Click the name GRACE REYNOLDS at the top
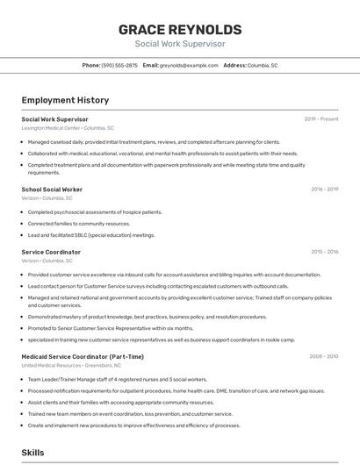click(x=180, y=29)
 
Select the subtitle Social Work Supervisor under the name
click(x=180, y=44)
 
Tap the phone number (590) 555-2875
click(x=119, y=65)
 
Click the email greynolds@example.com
click(x=189, y=65)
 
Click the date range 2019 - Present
click(x=321, y=118)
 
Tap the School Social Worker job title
click(x=52, y=189)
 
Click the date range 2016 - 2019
click(x=324, y=189)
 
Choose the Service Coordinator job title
click(x=51, y=252)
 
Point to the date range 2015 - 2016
click(x=324, y=252)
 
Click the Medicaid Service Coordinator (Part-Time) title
click(x=83, y=356)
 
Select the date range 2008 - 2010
click(x=323, y=356)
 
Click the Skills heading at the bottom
click(x=33, y=452)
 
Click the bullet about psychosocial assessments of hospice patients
click(x=95, y=211)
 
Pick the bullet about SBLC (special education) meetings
click(x=91, y=235)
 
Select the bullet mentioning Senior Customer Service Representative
click(x=110, y=328)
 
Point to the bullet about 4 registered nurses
click(x=114, y=379)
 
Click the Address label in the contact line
click(x=234, y=65)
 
